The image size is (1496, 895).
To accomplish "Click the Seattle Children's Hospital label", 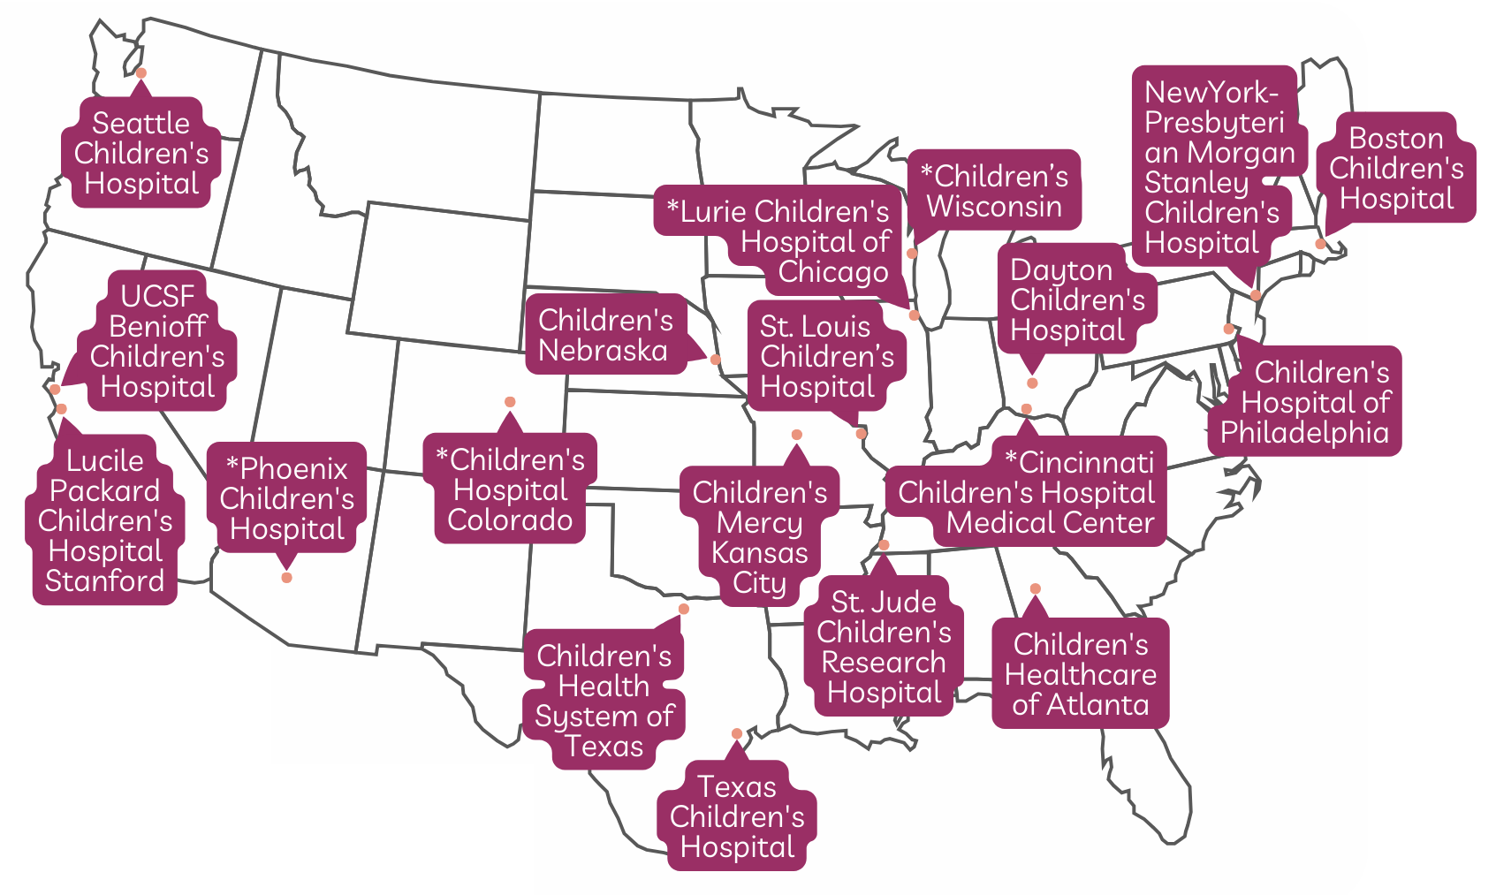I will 141,154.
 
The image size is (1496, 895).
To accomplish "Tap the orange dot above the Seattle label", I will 140,73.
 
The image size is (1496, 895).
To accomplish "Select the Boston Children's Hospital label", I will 1396,168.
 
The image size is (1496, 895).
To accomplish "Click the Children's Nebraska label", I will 605,336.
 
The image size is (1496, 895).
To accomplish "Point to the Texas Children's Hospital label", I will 737,816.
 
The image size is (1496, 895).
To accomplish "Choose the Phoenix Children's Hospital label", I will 286,498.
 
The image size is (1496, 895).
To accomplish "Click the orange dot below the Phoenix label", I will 286,578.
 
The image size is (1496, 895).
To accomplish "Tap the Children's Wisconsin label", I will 994,191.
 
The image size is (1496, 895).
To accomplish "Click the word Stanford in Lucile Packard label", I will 104,581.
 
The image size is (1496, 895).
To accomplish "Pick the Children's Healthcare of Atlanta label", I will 1080,674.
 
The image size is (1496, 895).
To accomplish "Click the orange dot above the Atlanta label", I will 1035,588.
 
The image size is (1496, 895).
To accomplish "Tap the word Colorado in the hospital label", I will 510,520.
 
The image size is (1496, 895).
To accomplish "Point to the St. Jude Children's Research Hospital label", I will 884,647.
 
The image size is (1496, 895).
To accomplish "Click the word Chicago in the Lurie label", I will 833,271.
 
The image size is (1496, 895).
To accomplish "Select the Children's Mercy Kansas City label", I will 760,537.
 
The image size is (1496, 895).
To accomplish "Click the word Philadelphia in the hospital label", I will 1304,433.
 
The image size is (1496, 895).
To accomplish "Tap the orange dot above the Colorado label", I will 510,402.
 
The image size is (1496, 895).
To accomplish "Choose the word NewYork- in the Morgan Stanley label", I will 1211,93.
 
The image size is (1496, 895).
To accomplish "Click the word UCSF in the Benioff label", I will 157,296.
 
